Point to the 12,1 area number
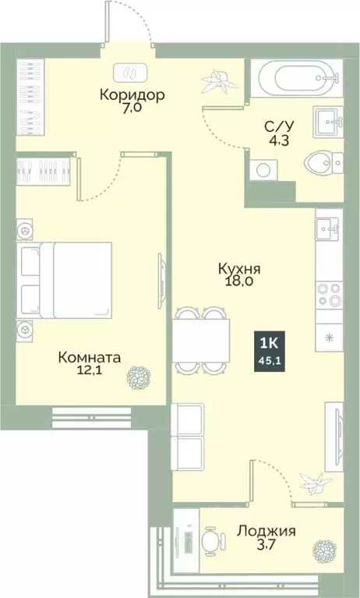pos(90,373)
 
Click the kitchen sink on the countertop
pos(327,229)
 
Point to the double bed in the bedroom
pos(66,281)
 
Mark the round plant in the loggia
pos(325,553)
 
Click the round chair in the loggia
pos(211,540)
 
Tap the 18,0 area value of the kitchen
pos(238,283)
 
